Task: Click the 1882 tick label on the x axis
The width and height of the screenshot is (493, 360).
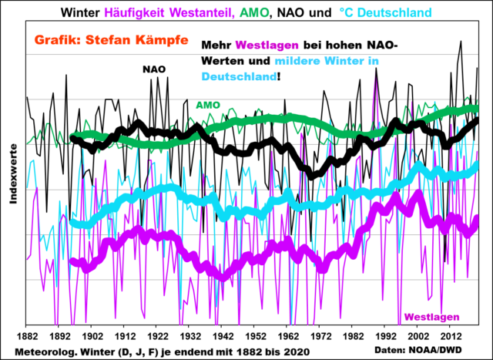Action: click(27, 336)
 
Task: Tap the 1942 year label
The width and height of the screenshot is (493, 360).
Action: click(221, 336)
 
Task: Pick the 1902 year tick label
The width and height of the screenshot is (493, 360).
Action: click(92, 336)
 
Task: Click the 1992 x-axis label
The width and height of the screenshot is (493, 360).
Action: click(385, 336)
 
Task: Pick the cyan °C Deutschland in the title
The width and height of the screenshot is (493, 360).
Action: click(388, 12)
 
